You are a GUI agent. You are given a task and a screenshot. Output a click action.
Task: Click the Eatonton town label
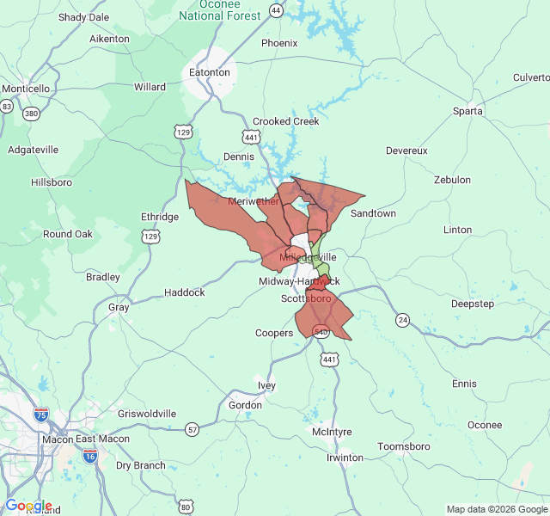coord(209,72)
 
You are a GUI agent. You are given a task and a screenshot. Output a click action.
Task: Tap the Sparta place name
coord(468,111)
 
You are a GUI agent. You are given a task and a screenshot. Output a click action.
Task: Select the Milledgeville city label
coord(309,257)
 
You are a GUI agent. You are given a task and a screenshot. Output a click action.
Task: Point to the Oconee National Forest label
coord(219,10)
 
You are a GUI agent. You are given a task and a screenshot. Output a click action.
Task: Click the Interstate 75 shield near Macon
coord(40,415)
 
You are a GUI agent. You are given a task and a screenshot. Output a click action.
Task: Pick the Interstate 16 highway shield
coord(90,457)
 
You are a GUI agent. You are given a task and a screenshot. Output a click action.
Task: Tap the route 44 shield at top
coord(275,10)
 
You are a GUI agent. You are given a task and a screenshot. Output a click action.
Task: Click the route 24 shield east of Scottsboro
coord(402,320)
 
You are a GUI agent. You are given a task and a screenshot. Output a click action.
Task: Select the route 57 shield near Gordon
coord(192,429)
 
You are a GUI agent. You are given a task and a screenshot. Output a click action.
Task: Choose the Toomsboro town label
coord(404,446)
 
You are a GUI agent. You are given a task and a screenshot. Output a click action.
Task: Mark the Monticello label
coord(26,89)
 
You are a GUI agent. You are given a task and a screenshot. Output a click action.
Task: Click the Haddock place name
coord(185,292)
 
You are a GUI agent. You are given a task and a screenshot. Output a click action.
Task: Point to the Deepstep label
coord(473,304)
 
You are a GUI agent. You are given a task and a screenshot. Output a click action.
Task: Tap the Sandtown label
coord(373,212)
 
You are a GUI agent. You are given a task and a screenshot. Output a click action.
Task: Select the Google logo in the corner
coord(28,506)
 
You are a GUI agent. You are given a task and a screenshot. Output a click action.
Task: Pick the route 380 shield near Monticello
coord(32,114)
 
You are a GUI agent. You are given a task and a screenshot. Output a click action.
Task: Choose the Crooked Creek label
coord(285,121)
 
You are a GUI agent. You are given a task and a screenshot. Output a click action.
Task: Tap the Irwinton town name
coord(345,458)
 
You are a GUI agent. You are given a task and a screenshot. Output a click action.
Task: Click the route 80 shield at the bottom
coord(186,507)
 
